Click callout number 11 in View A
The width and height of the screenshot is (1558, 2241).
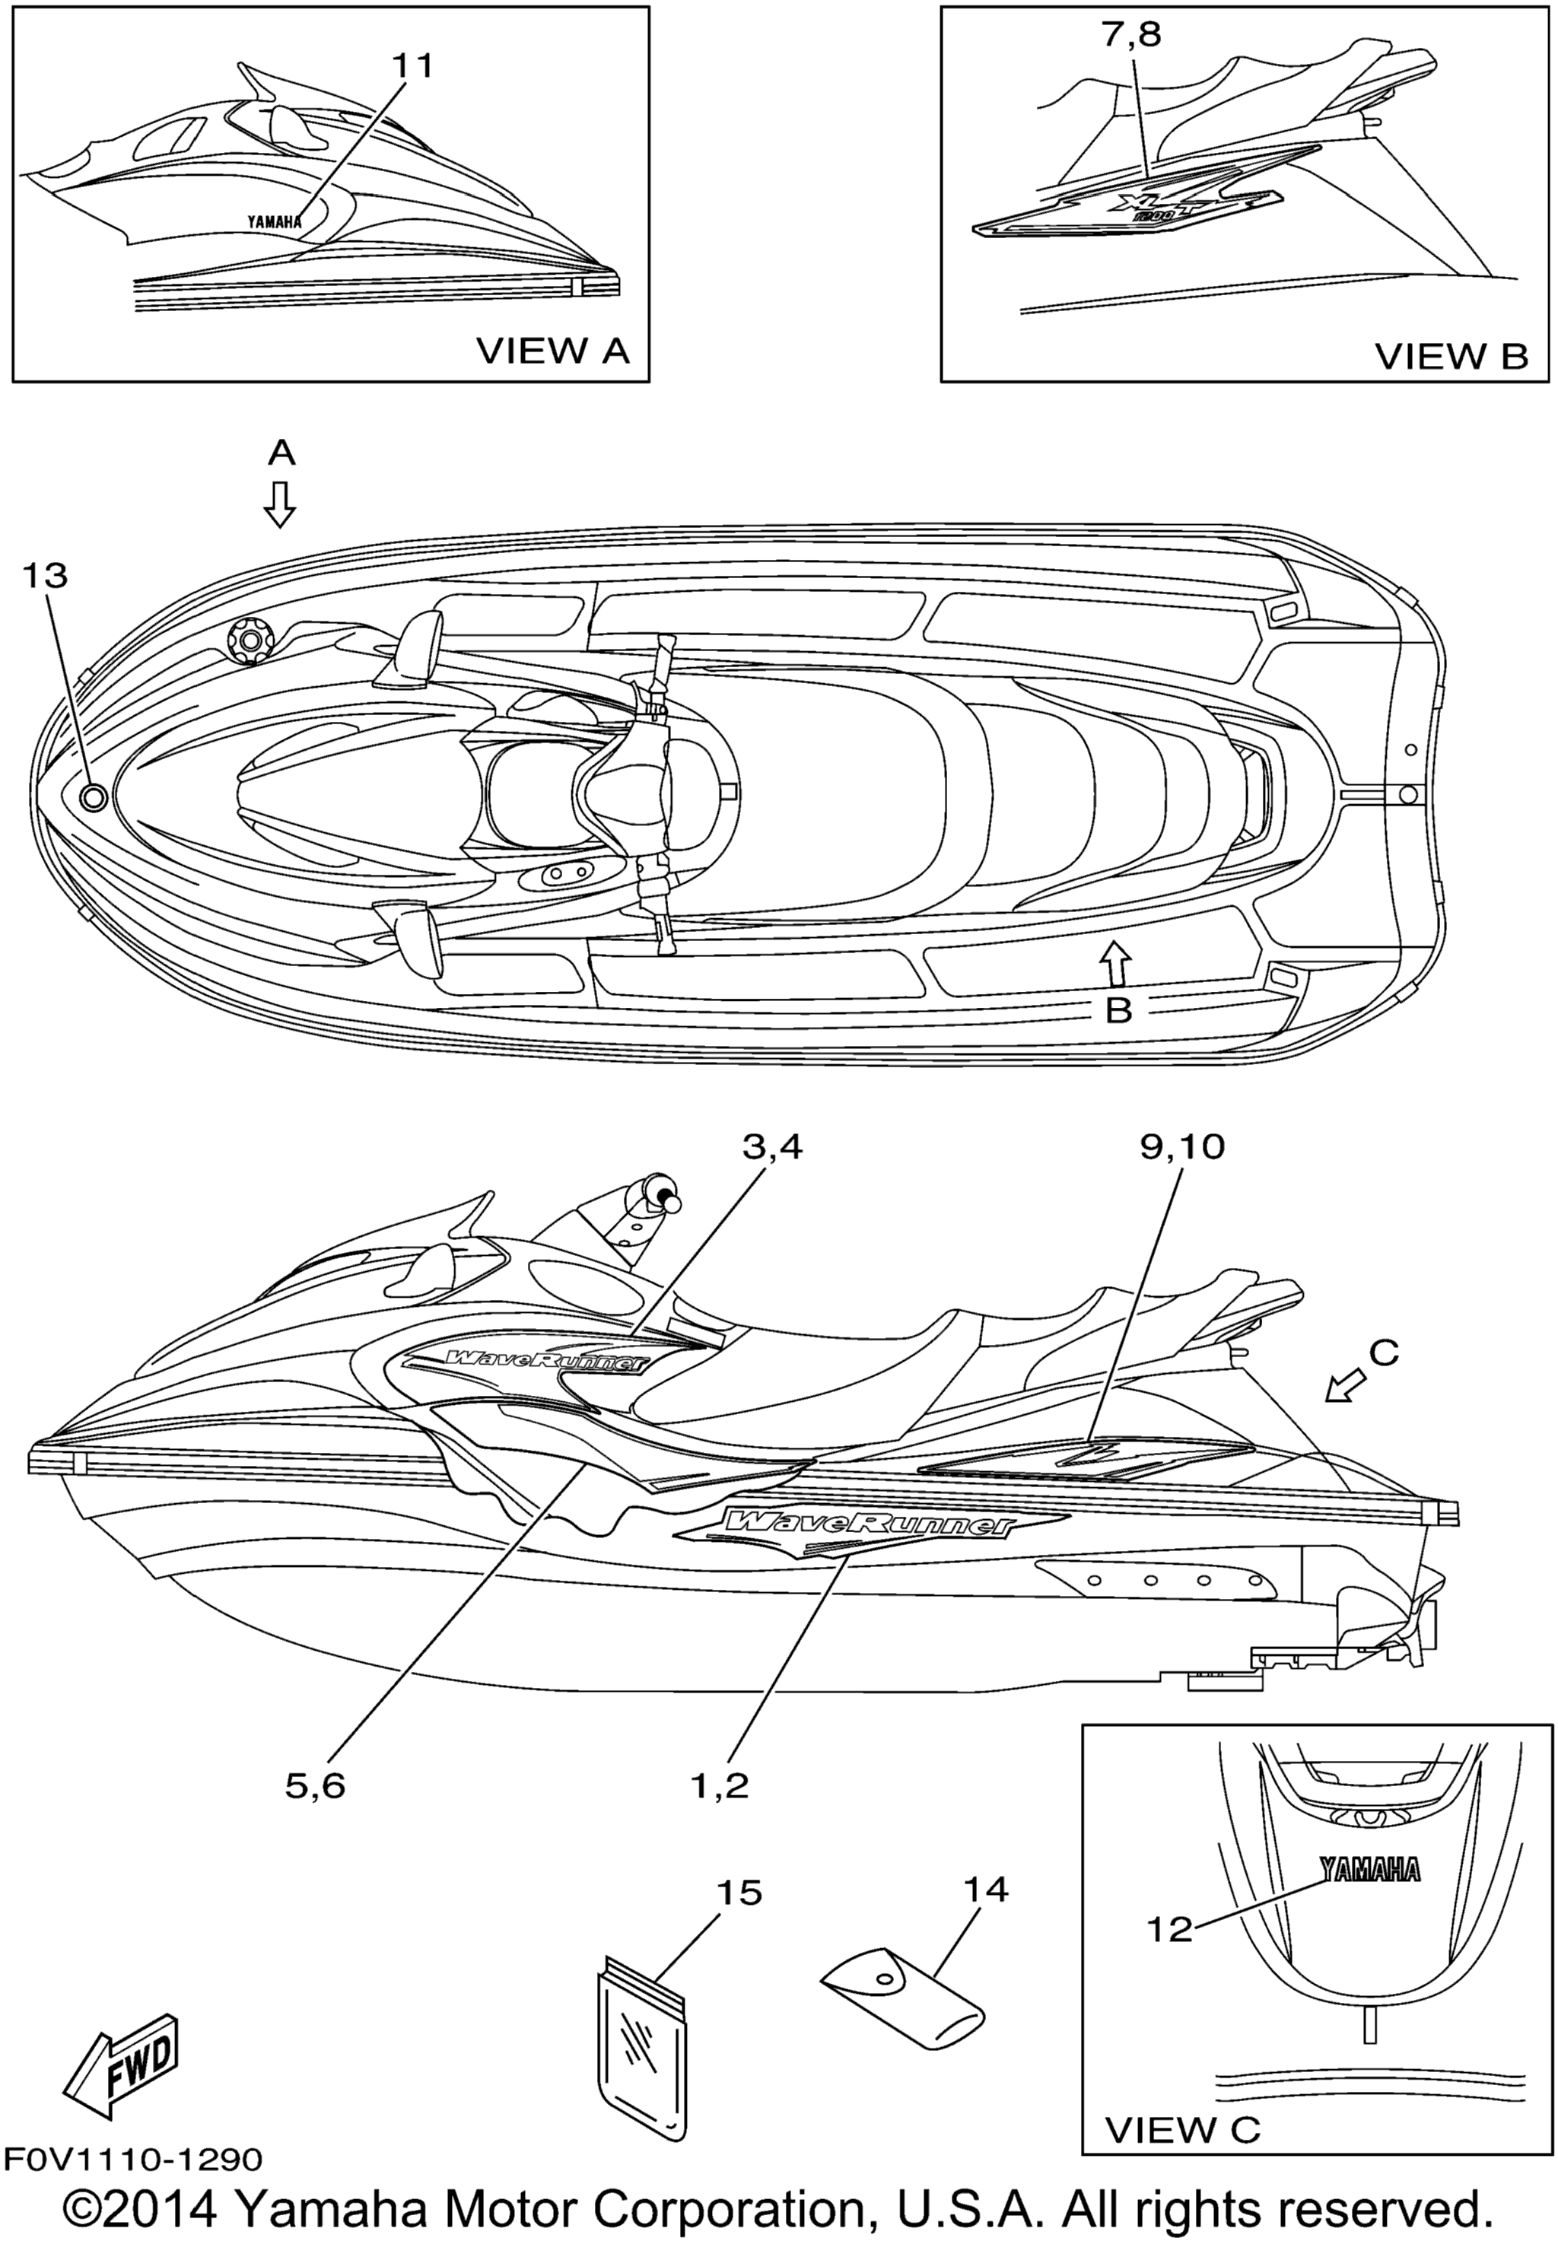412,66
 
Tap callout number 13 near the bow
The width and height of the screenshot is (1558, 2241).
46,576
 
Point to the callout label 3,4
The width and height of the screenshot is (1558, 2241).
772,1147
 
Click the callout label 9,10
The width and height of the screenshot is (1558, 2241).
1181,1147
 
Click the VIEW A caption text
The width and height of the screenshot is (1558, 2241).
552,351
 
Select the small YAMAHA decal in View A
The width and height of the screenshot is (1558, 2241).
275,221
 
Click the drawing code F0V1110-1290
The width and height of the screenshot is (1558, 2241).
133,2158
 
